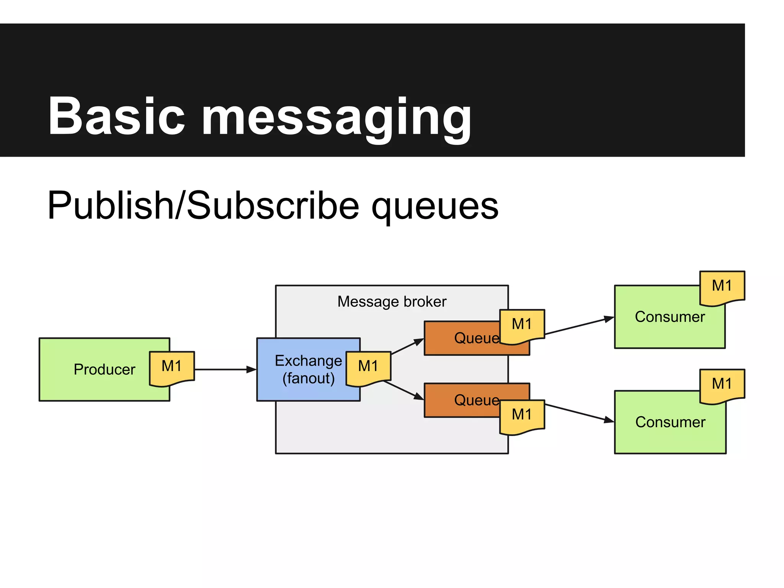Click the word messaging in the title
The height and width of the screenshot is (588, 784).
336,119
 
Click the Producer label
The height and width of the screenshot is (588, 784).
104,369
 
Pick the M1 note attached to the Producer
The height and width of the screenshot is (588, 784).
172,367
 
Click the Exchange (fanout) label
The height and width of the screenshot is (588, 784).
308,369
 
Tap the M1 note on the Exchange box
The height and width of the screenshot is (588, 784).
368,367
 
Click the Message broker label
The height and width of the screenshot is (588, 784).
392,302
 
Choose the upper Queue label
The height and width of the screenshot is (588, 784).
476,338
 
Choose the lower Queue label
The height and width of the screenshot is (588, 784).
476,400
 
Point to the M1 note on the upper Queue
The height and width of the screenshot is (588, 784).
522,325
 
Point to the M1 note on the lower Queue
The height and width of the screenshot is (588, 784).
522,416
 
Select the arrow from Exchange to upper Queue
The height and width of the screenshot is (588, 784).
407,346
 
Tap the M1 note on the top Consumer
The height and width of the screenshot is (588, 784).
722,287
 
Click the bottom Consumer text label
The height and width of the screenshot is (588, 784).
670,422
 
